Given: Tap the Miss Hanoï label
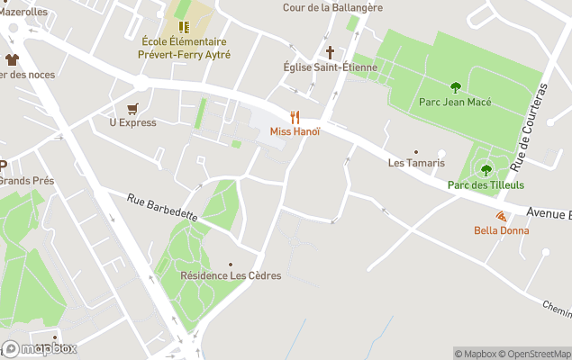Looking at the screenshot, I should point(295,132).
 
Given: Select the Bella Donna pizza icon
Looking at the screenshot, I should point(501,216).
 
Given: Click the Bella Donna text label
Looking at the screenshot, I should point(502,230).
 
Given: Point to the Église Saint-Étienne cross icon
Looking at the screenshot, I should point(330,52).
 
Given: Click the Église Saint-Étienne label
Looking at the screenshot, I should point(330,67).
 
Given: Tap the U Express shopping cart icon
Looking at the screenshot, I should point(132,108).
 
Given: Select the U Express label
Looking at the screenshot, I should point(132,122).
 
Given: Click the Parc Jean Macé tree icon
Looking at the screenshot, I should point(455,87).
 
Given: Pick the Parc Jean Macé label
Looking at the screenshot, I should point(455,102).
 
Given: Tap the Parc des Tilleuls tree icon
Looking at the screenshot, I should point(486,169).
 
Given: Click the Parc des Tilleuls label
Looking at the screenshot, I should point(486,184).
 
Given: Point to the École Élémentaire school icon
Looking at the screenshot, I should point(185,27).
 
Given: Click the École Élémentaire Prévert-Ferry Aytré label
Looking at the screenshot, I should point(186,48).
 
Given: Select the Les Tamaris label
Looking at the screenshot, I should point(416,163).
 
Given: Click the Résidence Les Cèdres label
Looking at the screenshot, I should point(231,275).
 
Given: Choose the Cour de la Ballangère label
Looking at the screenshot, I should point(332,7).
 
